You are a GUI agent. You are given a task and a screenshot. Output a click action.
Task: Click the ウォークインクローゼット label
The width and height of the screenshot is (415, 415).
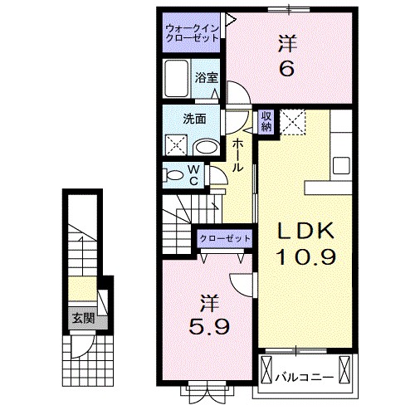pos(192,33)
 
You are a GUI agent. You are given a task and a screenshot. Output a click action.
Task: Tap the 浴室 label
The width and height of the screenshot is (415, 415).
pos(207,77)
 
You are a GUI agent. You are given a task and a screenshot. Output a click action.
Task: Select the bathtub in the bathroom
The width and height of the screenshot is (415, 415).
pos(176,78)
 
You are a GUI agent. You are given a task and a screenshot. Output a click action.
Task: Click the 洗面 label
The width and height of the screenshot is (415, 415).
pos(194,119)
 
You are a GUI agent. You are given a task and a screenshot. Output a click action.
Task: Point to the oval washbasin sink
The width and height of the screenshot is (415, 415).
pos(207,147)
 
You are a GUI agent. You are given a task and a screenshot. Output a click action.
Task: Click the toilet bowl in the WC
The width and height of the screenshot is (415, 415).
pos(173,175)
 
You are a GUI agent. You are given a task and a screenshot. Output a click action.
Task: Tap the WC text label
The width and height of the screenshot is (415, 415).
pos(193,175)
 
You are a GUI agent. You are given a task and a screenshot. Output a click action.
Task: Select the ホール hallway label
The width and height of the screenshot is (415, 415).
pos(237,156)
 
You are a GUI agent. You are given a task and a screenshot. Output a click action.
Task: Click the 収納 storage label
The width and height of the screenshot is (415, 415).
pos(266,121)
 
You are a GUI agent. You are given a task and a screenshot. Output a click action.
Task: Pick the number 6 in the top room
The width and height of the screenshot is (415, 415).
pos(287,68)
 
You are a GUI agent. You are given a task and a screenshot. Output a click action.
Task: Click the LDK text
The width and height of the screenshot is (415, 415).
pos(306,232)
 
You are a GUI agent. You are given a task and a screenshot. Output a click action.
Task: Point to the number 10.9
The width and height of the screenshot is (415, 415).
pos(306,256)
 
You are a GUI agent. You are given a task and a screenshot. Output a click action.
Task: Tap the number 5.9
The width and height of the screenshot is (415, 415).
pos(209,326)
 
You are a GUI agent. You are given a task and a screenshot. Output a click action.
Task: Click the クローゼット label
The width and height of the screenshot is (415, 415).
pos(225,238)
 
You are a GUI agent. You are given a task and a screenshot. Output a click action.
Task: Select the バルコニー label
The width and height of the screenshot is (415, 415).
pos(304,377)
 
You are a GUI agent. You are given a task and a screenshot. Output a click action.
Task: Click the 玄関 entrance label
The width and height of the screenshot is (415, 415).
pos(83,319)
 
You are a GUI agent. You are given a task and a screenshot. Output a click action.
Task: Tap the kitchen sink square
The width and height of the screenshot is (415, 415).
pos(341,165)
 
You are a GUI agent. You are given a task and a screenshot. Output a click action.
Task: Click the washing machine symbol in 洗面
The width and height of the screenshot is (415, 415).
pos(176,145)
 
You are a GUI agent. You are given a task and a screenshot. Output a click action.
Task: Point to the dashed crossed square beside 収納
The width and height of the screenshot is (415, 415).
pos(292,122)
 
